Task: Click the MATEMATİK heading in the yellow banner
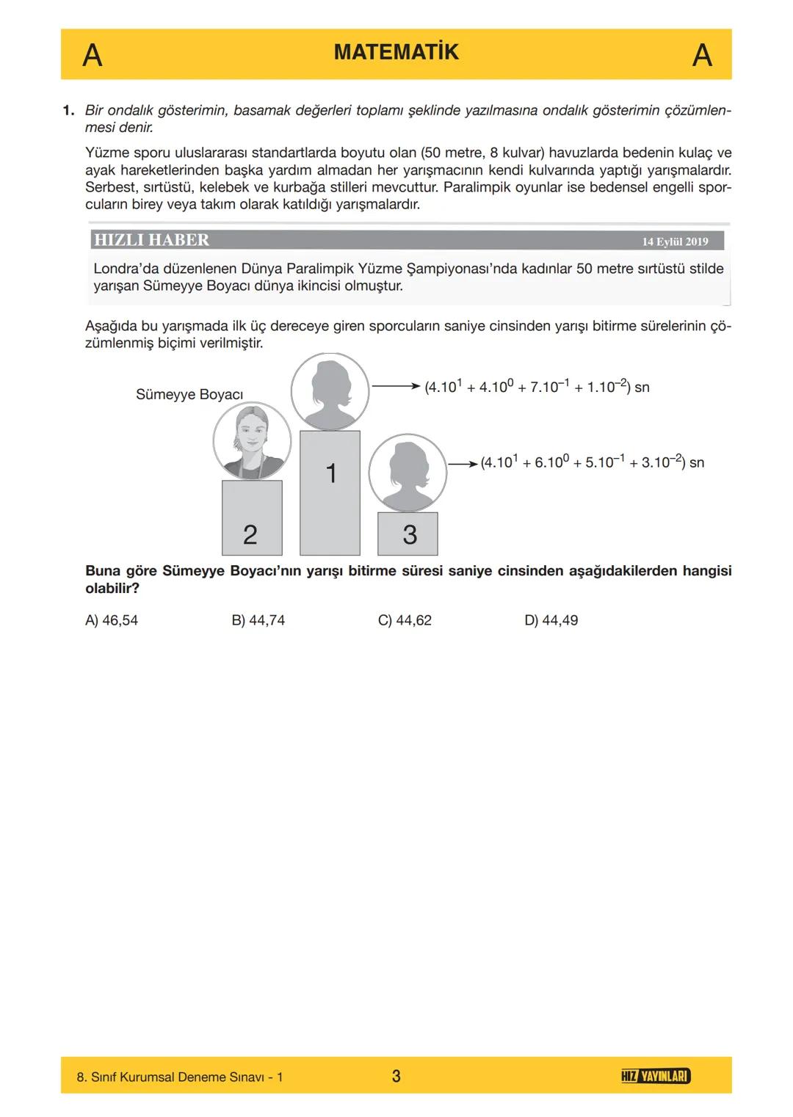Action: coord(396,52)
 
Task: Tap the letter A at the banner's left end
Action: coord(92,56)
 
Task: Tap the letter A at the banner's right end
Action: coord(702,56)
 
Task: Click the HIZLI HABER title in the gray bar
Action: coord(151,240)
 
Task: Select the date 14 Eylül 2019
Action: coord(675,241)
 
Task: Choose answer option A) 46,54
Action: coord(112,620)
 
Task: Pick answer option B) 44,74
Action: coord(258,620)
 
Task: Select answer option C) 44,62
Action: coord(405,620)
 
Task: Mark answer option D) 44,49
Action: coord(551,620)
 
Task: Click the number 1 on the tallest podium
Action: coord(330,473)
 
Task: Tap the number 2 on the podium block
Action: coord(250,535)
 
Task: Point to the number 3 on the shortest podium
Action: coord(410,535)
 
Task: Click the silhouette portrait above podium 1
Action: coord(330,391)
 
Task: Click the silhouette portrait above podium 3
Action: coord(408,473)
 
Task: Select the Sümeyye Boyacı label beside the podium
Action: coord(189,395)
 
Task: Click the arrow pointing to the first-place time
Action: coord(396,385)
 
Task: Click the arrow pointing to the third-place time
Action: coord(463,463)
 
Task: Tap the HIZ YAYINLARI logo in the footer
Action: coord(655,1076)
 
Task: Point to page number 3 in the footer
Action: coord(396,1076)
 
